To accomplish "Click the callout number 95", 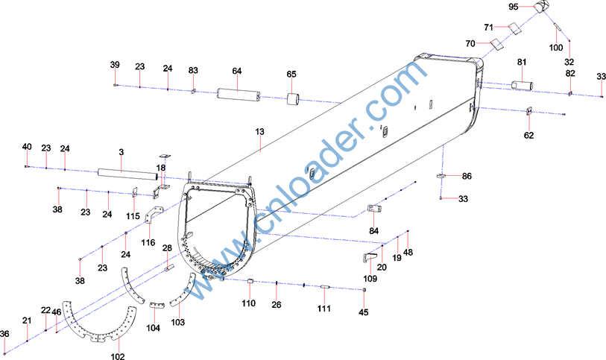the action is [514, 7].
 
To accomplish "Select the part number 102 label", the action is [118, 356].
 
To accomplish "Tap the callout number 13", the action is [259, 132].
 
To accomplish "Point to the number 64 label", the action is [237, 71].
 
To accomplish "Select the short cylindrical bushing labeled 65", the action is [293, 99].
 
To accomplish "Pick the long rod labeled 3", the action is [128, 174].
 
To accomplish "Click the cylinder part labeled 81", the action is [522, 86].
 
